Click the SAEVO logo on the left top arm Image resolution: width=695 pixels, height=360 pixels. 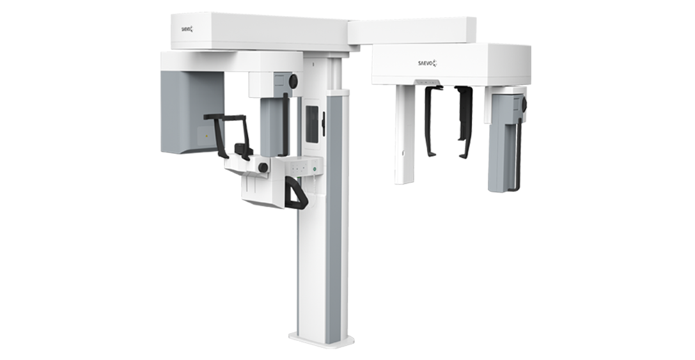coord(187,29)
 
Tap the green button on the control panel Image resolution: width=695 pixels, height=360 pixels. coord(315,169)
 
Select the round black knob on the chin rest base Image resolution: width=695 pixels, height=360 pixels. coord(263,168)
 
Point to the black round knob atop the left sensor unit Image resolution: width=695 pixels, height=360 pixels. coord(293,81)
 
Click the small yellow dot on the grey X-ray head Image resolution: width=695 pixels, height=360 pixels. coord(207,136)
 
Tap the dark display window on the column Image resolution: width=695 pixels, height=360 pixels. coord(312,124)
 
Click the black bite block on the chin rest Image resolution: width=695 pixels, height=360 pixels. coord(243,150)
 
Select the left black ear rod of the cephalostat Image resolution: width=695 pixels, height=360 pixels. coord(432,121)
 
